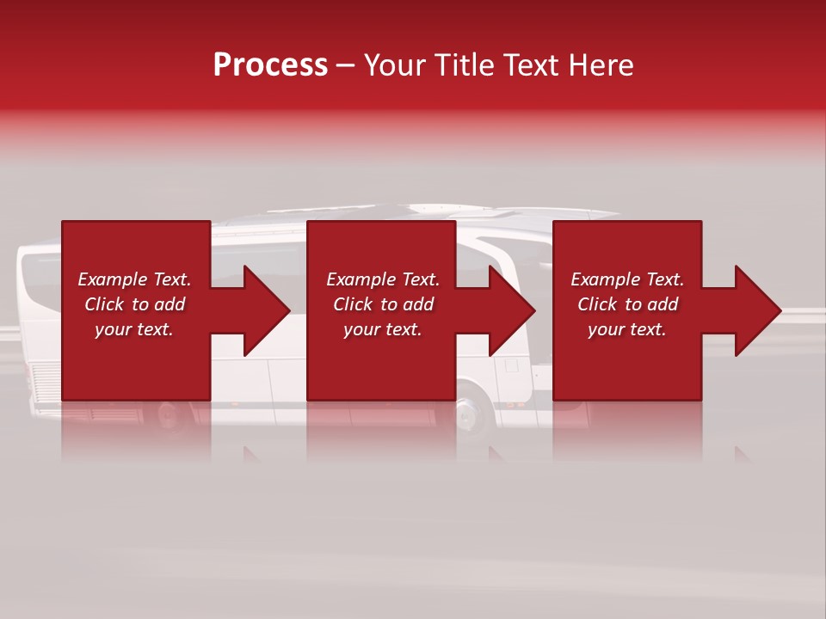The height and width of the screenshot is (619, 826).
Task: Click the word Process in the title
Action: tap(270, 65)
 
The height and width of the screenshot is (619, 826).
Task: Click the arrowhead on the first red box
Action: tap(262, 310)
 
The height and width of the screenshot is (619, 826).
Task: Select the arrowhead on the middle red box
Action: tap(507, 310)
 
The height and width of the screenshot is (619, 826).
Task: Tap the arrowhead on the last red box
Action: tap(753, 310)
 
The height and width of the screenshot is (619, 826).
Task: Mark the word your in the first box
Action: tap(112, 329)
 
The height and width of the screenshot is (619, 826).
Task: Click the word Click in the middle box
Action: tap(353, 304)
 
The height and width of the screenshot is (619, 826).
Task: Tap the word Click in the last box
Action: tap(597, 304)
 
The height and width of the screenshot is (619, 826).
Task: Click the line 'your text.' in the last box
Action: tap(626, 329)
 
